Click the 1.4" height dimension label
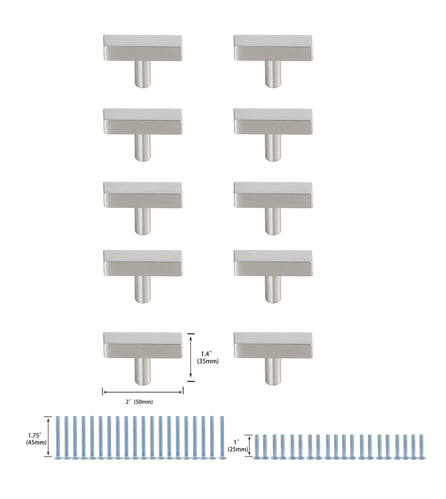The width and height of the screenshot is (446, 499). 207,354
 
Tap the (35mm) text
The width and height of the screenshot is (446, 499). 208,361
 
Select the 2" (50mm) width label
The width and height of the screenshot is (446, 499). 139,402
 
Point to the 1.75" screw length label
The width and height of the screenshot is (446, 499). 35,436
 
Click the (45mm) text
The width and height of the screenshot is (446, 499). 37,442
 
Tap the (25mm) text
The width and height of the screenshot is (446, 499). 238,450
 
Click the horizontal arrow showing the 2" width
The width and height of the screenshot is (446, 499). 143,392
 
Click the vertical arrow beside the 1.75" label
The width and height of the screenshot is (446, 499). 48,437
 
